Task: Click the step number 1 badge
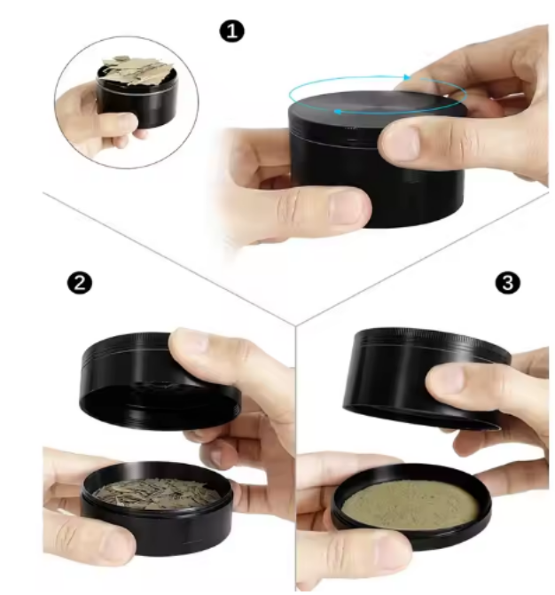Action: click(232, 31)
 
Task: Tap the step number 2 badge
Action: click(80, 283)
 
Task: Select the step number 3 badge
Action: click(508, 283)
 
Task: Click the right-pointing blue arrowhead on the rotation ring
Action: click(407, 77)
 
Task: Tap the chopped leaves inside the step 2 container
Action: click(153, 492)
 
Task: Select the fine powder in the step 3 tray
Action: click(410, 505)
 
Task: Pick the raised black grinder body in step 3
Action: click(425, 380)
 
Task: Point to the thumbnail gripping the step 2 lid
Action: click(190, 342)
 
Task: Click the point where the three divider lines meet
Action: click(295, 325)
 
